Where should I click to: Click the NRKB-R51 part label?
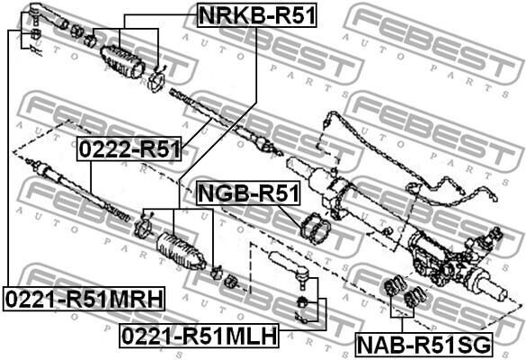[x=257, y=15]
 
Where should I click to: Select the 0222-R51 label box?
[x=129, y=148]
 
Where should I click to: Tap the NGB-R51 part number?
[x=248, y=193]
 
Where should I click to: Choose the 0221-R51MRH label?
[x=85, y=299]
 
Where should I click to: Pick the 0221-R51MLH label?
[x=200, y=336]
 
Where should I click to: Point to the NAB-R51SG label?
[x=424, y=345]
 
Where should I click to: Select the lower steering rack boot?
[x=181, y=251]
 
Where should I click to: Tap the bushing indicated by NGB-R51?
[x=316, y=229]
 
